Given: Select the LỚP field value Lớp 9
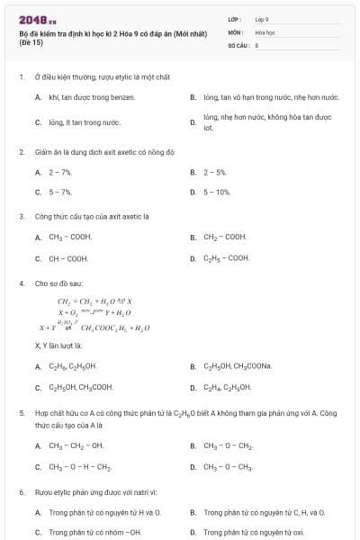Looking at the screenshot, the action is point(262,19).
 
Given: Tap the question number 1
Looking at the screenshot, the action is point(21,77).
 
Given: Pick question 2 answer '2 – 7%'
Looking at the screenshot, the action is point(60,171).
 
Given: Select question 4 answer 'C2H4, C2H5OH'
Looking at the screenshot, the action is point(227,388).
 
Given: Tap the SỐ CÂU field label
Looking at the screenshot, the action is point(237,44).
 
